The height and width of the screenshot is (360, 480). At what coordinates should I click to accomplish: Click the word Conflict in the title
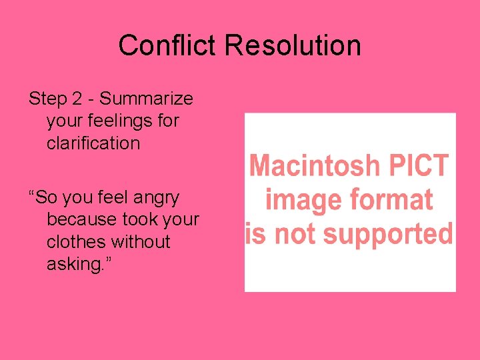tap(169, 46)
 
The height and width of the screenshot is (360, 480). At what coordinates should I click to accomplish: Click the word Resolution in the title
tap(293, 46)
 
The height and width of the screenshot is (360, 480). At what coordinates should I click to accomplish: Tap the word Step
tap(49, 99)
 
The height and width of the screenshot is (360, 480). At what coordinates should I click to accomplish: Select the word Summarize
tap(147, 99)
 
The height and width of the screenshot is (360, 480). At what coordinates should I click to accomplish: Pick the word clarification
tap(93, 143)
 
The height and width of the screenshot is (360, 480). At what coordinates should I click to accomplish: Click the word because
tap(83, 220)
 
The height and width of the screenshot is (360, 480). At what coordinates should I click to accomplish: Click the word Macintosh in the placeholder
tap(314, 165)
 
